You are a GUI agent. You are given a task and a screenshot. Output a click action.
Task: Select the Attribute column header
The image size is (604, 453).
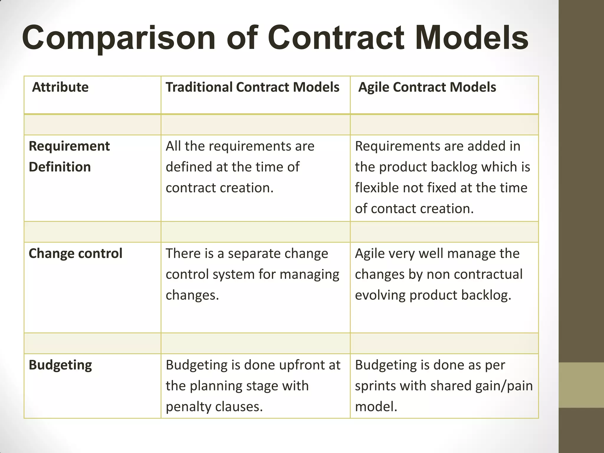[60, 87]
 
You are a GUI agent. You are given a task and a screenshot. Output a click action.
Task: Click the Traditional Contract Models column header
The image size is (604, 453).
[252, 87]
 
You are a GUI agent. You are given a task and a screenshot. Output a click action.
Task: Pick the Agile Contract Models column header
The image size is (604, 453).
[427, 87]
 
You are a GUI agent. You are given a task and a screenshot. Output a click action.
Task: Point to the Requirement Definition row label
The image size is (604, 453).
[69, 156]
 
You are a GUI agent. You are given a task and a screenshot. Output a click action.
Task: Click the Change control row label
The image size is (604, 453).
[75, 253]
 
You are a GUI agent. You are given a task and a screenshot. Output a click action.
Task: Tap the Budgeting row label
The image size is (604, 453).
[60, 365]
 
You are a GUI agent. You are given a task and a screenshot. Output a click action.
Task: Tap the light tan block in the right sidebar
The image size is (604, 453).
[581, 385]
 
